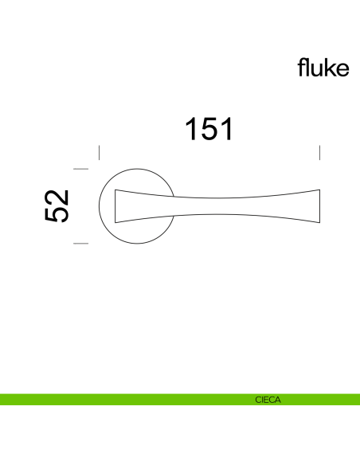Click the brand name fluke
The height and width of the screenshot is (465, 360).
(323, 68)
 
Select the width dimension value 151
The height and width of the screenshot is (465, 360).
(209, 128)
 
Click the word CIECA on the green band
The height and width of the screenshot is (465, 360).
(268, 399)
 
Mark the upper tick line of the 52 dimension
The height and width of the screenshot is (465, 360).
(80, 169)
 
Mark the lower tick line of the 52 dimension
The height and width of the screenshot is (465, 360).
(80, 243)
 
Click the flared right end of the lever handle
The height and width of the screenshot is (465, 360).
(315, 205)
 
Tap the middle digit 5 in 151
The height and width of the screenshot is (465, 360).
(209, 128)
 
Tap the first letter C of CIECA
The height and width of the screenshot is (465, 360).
(258, 399)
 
